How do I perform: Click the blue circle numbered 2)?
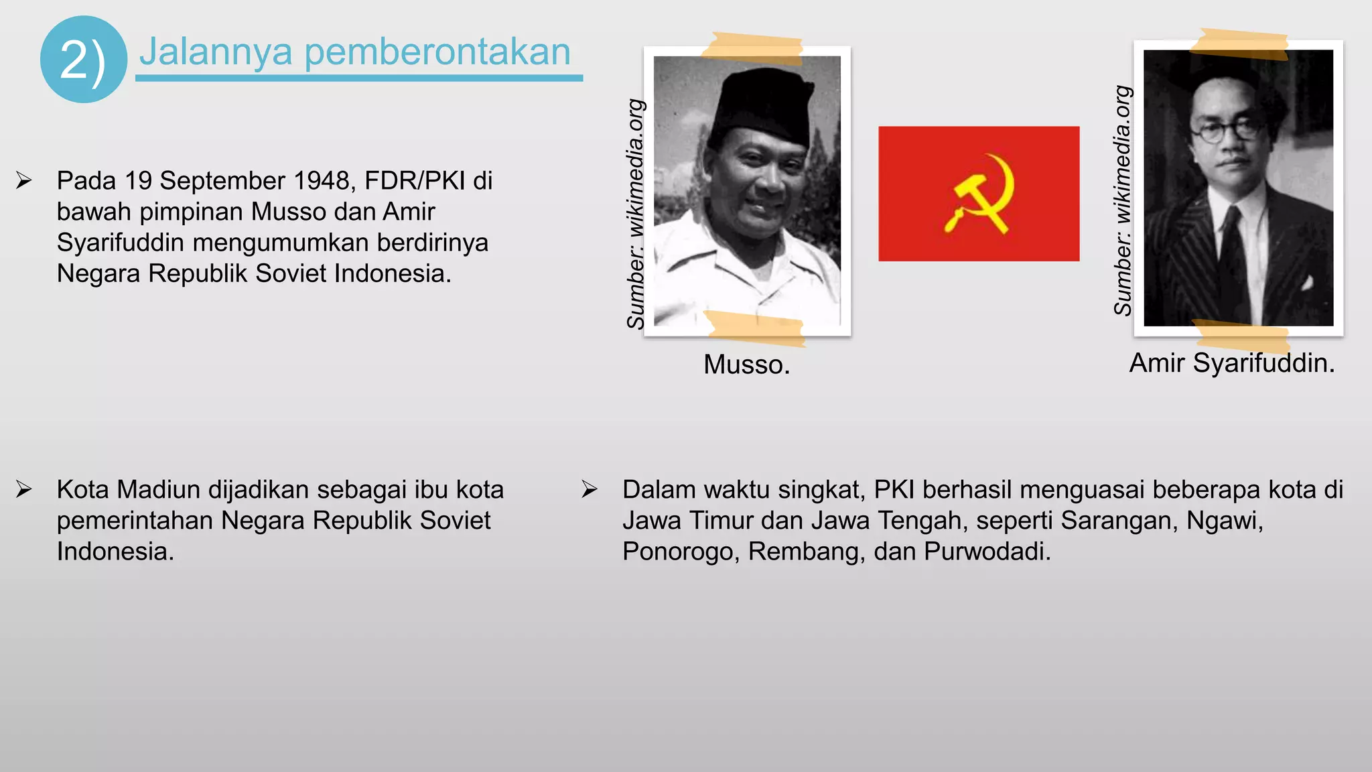83,60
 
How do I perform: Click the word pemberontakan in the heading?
437,52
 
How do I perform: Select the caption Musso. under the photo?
746,365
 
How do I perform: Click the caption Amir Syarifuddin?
1231,363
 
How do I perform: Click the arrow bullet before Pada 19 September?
24,180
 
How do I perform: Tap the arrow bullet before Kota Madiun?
24,489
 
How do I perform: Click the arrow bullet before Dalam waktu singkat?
590,489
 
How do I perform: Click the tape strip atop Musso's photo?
752,48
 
